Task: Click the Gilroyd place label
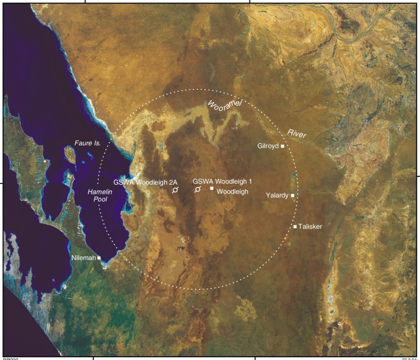pos(268,146)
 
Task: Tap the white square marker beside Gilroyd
pos(283,146)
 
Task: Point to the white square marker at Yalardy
pos(293,196)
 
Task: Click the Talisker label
pos(311,226)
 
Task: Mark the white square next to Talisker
pos(295,226)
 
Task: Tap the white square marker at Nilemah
pos(99,258)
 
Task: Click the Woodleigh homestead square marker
pos(211,188)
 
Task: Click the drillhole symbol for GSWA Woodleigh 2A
pos(175,190)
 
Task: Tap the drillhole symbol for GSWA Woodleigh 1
pos(197,190)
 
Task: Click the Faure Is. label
pos(88,143)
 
